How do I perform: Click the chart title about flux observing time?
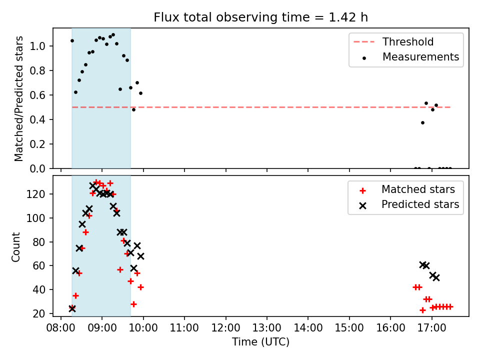click(260, 17)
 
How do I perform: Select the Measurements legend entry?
click(410, 57)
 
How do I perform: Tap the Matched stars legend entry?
click(407, 189)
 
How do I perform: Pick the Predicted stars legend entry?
click(409, 204)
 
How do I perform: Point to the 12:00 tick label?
click(225, 328)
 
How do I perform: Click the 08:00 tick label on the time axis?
click(60, 328)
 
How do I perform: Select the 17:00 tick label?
click(431, 328)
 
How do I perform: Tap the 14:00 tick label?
click(308, 328)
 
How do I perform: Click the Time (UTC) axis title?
click(260, 341)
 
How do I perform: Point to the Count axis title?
click(15, 247)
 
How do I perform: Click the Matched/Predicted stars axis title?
click(18, 98)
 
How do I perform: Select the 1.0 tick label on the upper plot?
click(37, 46)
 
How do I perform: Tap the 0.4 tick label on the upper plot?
click(37, 119)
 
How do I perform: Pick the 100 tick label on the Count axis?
click(36, 218)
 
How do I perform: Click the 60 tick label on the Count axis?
click(39, 265)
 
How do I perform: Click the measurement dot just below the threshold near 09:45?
click(133, 109)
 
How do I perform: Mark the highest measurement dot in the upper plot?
click(113, 35)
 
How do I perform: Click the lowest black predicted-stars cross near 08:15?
click(72, 308)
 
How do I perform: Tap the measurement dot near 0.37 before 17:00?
click(423, 123)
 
